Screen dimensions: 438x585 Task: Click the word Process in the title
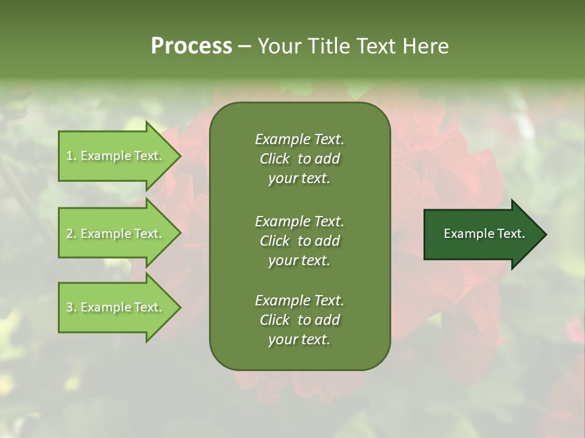coord(191,46)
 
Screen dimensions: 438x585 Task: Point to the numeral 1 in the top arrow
coord(69,156)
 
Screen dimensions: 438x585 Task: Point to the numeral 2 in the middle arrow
coord(69,234)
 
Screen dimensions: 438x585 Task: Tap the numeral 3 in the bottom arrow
coord(69,307)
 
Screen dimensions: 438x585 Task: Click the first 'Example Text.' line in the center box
coord(299,139)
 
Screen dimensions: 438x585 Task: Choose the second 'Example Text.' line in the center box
coord(299,221)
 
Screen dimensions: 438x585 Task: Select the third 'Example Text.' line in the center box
coord(299,301)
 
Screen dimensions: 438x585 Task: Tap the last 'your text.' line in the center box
coord(299,339)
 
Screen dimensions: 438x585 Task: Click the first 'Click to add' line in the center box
coord(299,159)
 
